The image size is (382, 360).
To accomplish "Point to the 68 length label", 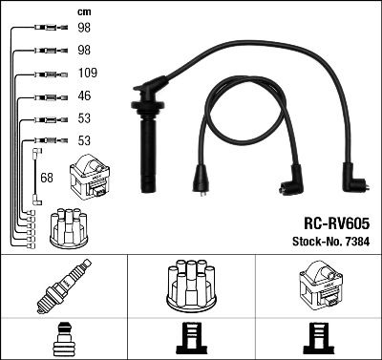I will coord(47,178).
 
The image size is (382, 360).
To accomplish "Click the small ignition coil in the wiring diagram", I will coord(95,176).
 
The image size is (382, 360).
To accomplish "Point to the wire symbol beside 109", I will coord(48,74).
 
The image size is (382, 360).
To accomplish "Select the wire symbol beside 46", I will coord(48,96).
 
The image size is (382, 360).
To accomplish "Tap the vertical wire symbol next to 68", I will coord(36,177).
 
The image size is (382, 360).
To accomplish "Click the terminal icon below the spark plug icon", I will coord(63,339).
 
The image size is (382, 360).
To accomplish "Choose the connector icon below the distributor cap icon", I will coord(191,339).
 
